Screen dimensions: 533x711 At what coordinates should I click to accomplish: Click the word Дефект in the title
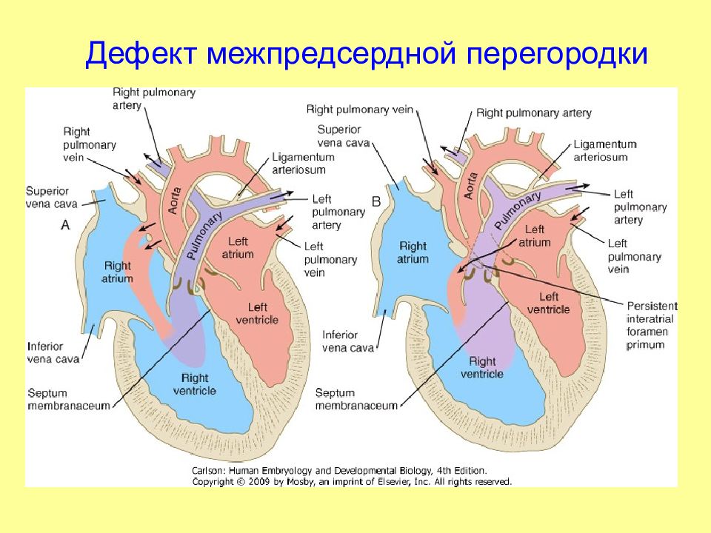(x=141, y=56)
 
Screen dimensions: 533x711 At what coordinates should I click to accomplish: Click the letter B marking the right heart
(x=375, y=201)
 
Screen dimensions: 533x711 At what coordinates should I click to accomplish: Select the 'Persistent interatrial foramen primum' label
(x=652, y=325)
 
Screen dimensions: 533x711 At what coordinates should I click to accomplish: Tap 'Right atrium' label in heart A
(x=118, y=272)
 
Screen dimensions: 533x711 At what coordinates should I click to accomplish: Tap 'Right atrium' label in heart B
(x=413, y=252)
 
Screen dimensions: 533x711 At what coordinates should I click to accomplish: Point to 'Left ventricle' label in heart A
(x=257, y=312)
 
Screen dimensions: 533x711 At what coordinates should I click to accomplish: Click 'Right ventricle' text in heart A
(x=195, y=383)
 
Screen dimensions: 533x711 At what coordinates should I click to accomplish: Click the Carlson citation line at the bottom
(x=339, y=470)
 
